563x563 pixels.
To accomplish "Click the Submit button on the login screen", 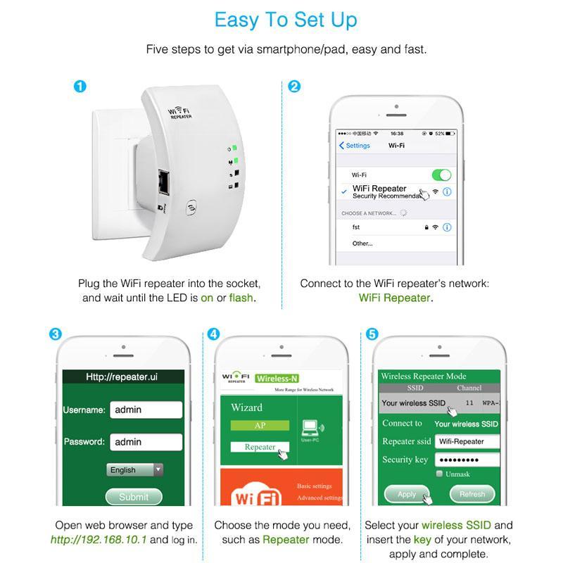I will tap(134, 496).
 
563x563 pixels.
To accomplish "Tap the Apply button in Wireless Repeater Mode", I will tap(407, 494).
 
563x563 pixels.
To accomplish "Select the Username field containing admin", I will tap(146, 410).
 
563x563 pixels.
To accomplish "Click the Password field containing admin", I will tap(146, 442).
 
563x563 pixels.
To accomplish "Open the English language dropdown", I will tap(135, 469).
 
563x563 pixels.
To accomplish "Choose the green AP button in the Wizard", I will tap(260, 426).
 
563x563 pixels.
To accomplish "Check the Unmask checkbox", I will tap(440, 474).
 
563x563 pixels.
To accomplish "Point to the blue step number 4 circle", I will tap(214, 334).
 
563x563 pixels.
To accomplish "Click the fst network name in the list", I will tap(357, 228).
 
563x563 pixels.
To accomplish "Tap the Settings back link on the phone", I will tap(355, 146).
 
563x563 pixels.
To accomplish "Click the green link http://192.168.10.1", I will tap(99, 540).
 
